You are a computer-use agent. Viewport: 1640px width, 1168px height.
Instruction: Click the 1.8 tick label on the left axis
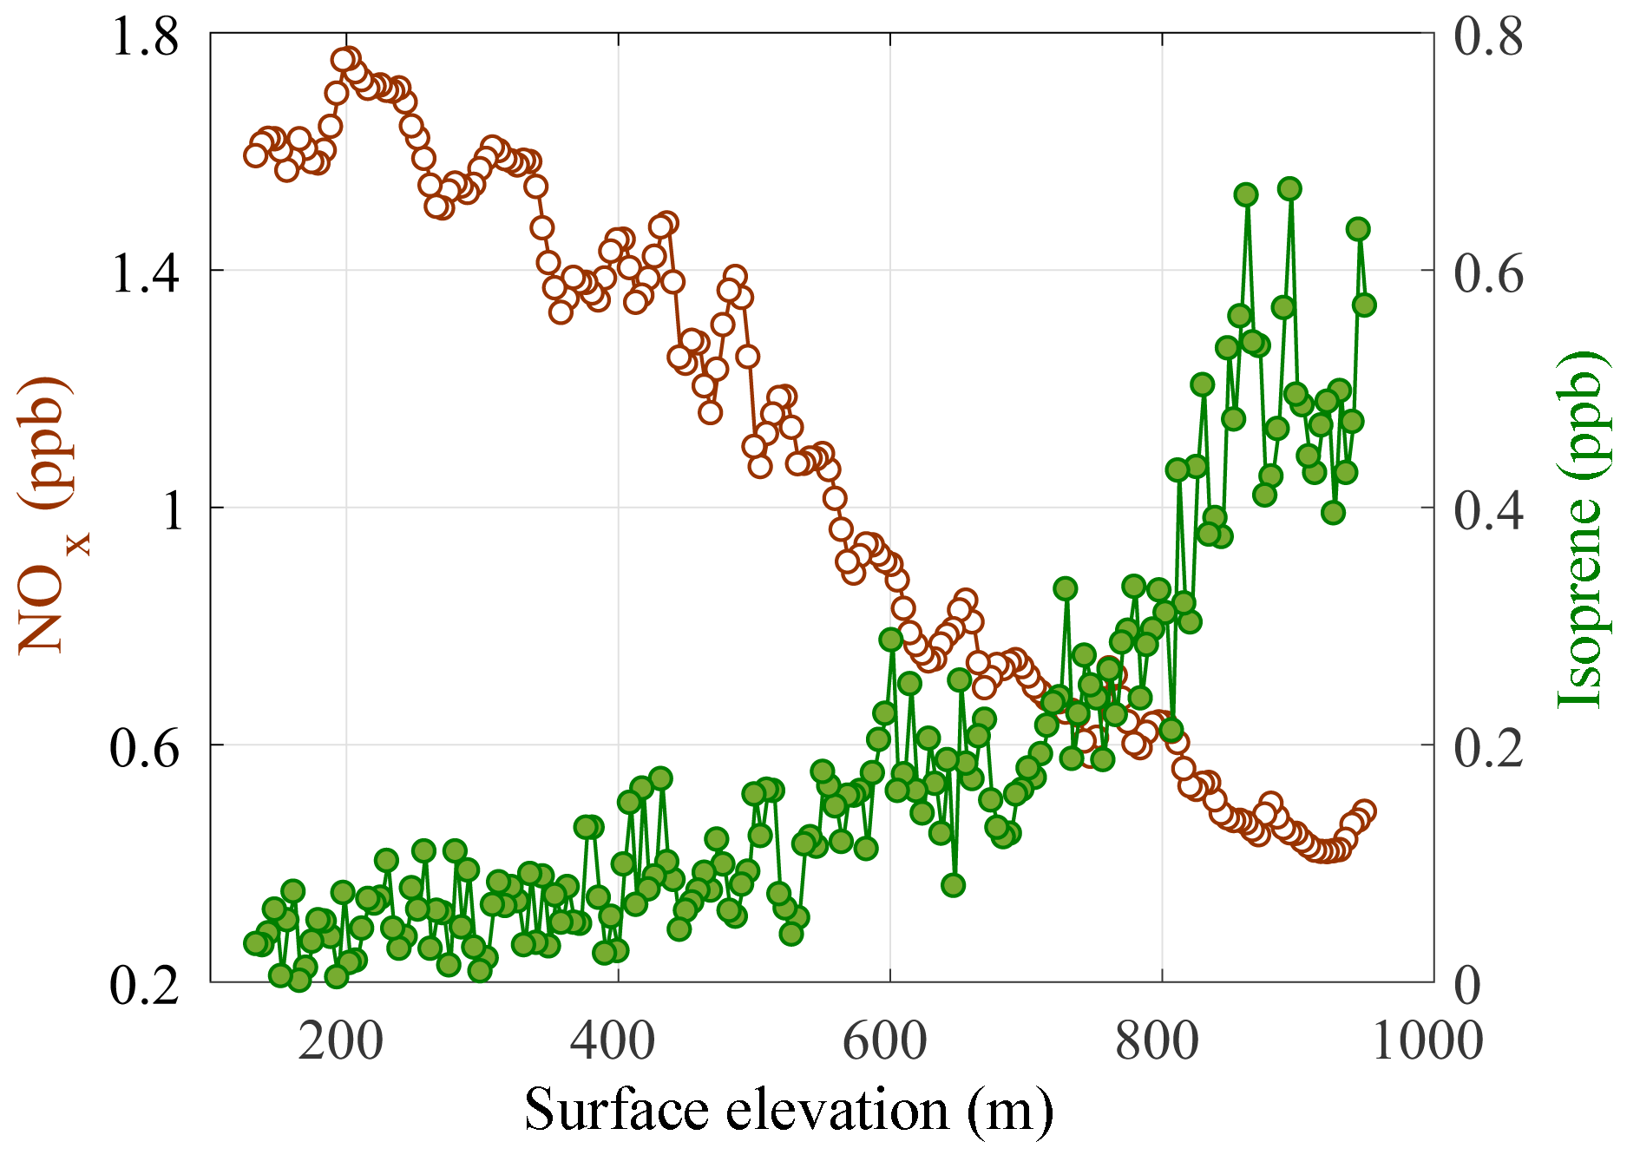[145, 38]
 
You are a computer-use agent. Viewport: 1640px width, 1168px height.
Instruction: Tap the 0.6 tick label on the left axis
[145, 748]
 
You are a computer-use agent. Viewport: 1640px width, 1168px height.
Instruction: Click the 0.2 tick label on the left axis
[145, 986]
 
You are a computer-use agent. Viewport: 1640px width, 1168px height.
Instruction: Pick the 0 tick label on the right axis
[1467, 986]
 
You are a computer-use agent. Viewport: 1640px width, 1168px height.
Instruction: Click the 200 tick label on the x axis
[340, 1040]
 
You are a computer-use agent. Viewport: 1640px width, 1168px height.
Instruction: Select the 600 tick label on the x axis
[885, 1040]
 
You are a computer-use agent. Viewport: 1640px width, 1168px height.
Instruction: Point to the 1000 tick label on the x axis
[1427, 1040]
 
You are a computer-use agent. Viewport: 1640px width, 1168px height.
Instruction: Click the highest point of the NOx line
[344, 60]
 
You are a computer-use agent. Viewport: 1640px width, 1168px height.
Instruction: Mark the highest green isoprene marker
[1289, 189]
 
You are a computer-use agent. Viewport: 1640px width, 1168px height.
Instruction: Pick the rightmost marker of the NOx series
[1364, 812]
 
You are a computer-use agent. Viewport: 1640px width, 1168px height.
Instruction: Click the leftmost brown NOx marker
[255, 155]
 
